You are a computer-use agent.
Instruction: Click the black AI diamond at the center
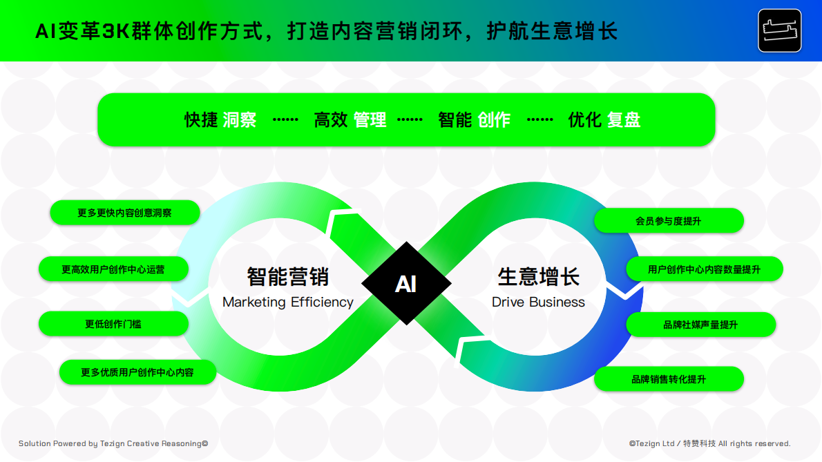[x=406, y=283]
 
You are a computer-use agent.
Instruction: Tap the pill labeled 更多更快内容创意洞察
[x=125, y=213]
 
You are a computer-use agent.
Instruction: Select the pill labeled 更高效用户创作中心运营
[x=113, y=269]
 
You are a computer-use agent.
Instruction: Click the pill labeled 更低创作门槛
[x=113, y=324]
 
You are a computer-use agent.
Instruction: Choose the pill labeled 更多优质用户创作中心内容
[x=137, y=372]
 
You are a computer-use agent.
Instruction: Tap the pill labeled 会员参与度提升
[x=669, y=221]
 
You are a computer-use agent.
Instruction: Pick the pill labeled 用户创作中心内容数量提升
[x=704, y=269]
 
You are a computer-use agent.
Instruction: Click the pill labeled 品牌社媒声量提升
[x=700, y=325]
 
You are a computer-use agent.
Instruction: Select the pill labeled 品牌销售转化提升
[x=669, y=379]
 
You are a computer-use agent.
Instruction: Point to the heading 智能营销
[x=288, y=276]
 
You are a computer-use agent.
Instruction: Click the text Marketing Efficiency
[x=288, y=302]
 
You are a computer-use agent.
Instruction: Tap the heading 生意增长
[x=539, y=276]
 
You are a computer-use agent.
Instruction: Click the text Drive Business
[x=538, y=302]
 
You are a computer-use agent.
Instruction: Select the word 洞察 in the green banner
[x=240, y=120]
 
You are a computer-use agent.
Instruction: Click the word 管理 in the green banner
[x=370, y=120]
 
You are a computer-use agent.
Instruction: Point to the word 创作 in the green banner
[x=493, y=120]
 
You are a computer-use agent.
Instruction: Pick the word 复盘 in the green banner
[x=624, y=120]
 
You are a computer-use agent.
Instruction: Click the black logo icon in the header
[x=779, y=30]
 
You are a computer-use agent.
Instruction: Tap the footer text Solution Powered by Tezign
[x=113, y=443]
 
